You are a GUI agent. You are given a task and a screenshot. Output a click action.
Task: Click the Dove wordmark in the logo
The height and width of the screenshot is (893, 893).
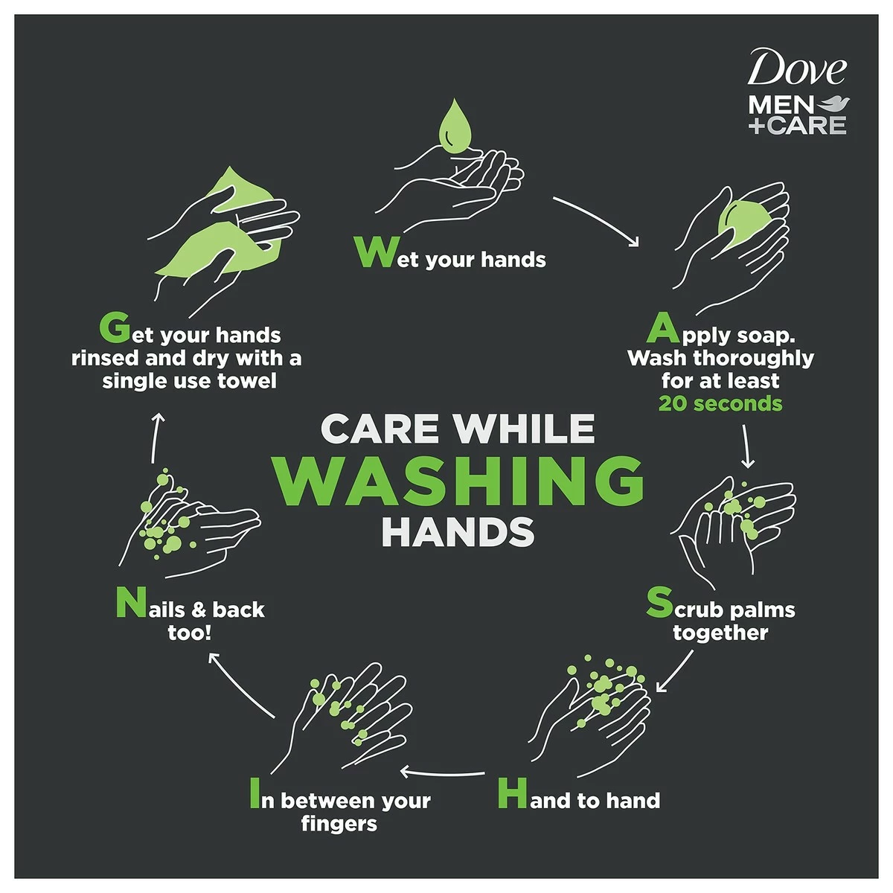tap(796, 69)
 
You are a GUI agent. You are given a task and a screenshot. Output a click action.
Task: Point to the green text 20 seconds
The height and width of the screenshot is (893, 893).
tap(720, 404)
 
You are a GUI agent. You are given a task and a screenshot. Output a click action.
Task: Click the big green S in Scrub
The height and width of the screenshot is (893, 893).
tap(659, 603)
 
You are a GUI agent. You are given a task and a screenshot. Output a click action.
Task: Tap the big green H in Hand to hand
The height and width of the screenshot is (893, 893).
tap(512, 793)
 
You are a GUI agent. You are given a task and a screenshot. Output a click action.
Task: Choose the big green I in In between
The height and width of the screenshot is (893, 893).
tap(255, 793)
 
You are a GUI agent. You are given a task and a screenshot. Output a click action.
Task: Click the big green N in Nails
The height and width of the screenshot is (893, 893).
tap(130, 604)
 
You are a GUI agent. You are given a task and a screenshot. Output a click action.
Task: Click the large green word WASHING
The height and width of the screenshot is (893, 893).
tap(457, 481)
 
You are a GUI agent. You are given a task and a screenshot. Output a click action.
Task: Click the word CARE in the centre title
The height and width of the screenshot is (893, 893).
tap(380, 429)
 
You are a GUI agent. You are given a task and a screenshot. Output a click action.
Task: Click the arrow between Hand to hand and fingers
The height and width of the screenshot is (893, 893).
tap(444, 772)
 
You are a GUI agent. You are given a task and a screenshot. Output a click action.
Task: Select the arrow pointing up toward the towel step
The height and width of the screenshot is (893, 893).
tap(156, 436)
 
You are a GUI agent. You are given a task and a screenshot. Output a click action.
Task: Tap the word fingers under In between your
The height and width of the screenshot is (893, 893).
tap(339, 824)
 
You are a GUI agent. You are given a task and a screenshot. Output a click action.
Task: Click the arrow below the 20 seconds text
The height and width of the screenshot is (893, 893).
tap(747, 446)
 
